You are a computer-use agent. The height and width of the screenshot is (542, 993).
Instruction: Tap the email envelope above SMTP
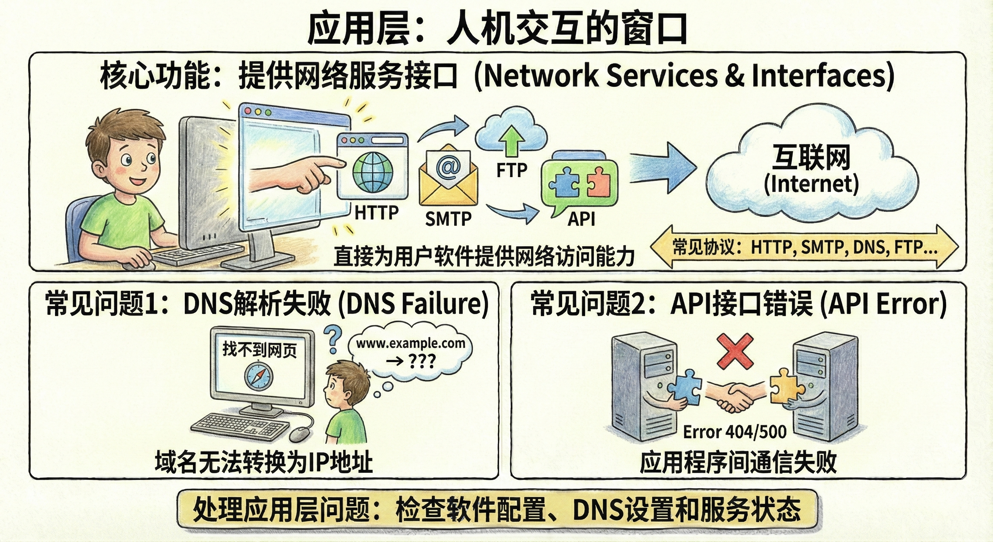(448, 177)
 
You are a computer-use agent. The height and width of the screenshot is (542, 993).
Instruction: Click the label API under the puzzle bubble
(581, 219)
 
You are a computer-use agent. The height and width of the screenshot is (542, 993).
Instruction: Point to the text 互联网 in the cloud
(811, 157)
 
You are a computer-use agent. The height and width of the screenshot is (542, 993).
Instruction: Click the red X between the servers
(735, 351)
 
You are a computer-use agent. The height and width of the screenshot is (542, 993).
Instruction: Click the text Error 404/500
(734, 432)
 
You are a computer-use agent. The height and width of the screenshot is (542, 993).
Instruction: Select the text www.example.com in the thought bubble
(410, 343)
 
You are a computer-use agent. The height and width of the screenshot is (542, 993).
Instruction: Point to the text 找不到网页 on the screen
(260, 350)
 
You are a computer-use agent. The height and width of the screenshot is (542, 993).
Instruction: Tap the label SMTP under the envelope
(448, 219)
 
